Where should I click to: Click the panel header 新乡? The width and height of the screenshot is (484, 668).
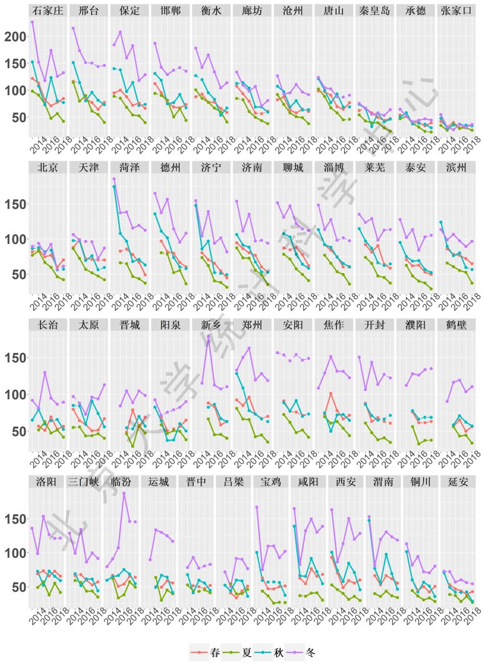click(x=211, y=325)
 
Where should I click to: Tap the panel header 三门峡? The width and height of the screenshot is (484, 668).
click(x=88, y=482)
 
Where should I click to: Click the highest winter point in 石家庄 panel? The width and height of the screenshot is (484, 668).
click(x=32, y=22)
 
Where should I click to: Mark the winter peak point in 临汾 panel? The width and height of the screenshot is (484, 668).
click(x=124, y=493)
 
